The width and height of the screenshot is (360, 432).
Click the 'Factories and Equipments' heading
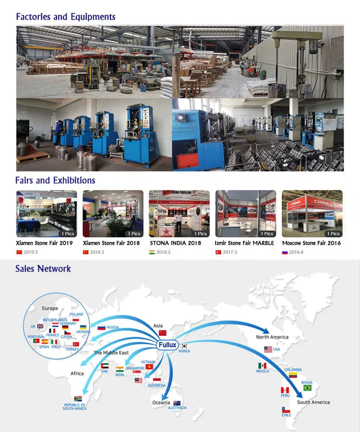tap(66, 17)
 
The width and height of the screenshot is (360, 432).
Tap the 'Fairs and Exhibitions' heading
tap(55, 180)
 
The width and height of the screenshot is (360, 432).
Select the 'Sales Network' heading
tap(43, 269)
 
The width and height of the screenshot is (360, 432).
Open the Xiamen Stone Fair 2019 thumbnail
tap(46, 214)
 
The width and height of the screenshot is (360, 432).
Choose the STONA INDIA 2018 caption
tap(175, 243)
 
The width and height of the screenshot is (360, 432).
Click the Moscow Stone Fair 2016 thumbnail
tap(312, 214)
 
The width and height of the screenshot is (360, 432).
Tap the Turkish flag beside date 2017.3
tap(218, 252)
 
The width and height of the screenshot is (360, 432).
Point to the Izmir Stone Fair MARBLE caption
tap(244, 243)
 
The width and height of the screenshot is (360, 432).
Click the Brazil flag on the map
tap(307, 388)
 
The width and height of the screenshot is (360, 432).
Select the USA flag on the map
tap(268, 349)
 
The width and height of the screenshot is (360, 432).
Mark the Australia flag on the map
tap(177, 403)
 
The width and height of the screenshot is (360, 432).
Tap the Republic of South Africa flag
tap(78, 398)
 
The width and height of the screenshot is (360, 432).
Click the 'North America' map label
tap(272, 337)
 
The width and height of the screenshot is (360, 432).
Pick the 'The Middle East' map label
tap(111, 353)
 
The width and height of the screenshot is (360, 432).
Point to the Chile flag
tap(286, 411)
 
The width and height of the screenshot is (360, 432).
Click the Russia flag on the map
tap(101, 328)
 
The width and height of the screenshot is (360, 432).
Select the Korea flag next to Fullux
tap(184, 346)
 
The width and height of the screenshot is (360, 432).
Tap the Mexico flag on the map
tap(262, 366)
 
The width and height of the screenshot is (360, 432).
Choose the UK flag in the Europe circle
tap(40, 326)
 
